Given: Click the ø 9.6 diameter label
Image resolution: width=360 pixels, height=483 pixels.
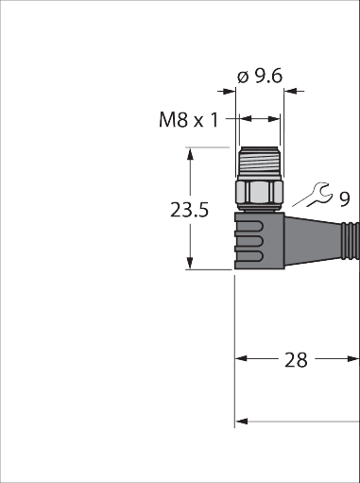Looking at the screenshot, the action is coord(260,77).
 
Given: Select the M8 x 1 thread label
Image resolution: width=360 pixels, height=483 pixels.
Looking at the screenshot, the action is coord(188,120).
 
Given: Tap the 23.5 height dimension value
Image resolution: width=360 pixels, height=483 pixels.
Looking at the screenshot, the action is coord(189,210).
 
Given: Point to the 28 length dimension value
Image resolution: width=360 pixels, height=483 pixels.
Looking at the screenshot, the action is coord(296,360).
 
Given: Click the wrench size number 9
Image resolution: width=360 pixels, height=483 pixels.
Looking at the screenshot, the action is coord(345,198).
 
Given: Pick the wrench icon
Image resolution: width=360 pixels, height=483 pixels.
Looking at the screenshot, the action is coord(319,194).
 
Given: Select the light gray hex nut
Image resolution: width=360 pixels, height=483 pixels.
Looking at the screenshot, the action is coord(260,192).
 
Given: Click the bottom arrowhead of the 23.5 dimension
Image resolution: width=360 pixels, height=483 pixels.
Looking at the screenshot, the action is coord(190,263).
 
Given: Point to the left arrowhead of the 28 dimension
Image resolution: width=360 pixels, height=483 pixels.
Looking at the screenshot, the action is coord(241,358).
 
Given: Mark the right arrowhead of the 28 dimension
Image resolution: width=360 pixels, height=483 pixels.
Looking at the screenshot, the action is coord(353,358).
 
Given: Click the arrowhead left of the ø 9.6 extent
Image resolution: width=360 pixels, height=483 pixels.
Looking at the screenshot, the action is coord(230,92).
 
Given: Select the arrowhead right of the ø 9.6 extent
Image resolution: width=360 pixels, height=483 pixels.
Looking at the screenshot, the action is coord(290,92).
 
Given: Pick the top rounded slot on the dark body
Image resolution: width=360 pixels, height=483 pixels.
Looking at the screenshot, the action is coord(249,227).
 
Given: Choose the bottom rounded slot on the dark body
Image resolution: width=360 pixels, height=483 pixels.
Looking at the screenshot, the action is coord(249,257).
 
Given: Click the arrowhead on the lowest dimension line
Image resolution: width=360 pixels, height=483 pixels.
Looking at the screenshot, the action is coord(241,422).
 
